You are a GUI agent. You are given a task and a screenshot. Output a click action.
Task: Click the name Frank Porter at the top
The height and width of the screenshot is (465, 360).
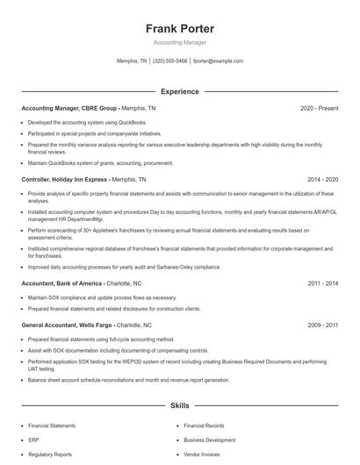point(179,29)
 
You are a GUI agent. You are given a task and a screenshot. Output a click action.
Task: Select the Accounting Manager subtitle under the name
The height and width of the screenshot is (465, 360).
point(179,42)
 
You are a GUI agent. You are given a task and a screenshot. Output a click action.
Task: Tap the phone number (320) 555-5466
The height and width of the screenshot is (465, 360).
point(169,61)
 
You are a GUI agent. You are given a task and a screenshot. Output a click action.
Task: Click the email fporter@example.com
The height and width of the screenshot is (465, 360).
point(218,61)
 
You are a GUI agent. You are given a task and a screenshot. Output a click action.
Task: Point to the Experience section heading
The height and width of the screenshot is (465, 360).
point(179,91)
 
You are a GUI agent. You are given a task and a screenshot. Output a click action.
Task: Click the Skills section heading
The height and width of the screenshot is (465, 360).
point(179,406)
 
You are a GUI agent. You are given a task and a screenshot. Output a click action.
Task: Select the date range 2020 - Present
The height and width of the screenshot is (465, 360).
point(319,108)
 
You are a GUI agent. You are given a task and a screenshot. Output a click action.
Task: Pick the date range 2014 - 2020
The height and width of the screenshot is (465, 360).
point(321,179)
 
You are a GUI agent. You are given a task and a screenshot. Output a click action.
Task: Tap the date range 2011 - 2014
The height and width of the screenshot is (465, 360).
point(321,284)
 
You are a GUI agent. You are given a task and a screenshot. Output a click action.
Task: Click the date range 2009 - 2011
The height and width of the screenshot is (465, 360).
point(321,325)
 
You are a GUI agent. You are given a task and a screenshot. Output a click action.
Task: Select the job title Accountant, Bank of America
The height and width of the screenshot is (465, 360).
point(61,284)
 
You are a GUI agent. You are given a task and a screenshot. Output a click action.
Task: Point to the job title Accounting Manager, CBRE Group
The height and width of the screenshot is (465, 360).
point(68,108)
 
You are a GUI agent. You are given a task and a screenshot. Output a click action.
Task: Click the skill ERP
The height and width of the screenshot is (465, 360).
point(32,440)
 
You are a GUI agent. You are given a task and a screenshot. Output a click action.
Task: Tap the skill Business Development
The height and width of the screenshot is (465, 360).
point(209,440)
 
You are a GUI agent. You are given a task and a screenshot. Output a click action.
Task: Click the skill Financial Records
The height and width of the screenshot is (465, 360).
point(205,425)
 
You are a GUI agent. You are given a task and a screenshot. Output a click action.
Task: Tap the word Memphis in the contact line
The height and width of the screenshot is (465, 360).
point(128,61)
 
